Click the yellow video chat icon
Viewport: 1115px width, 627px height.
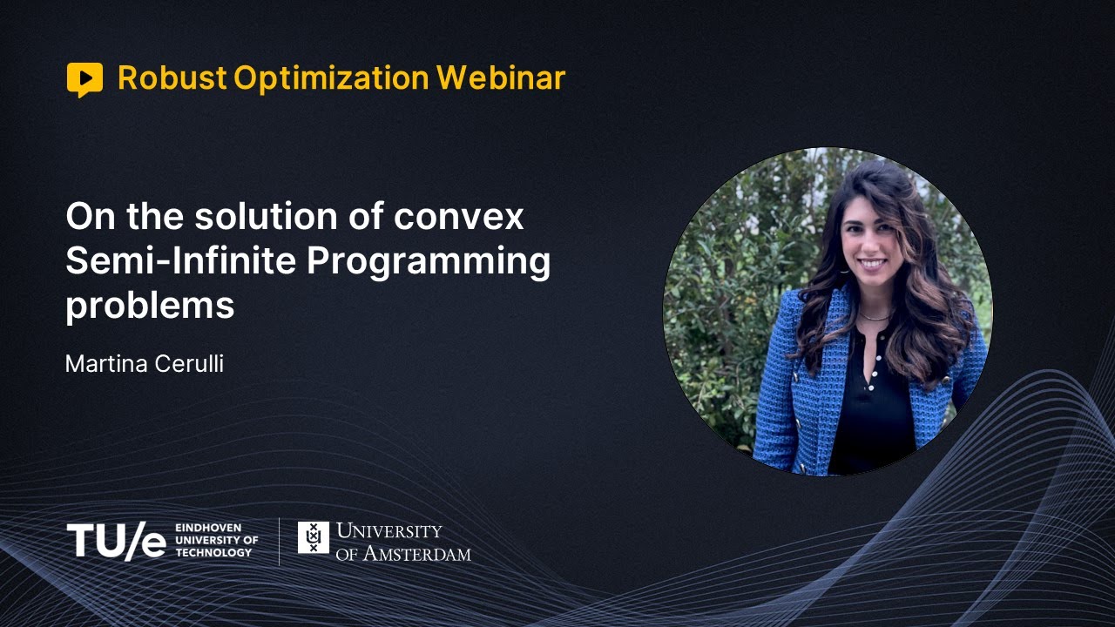tap(84, 79)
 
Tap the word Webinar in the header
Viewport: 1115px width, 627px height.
tap(501, 78)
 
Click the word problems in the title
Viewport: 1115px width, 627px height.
tap(150, 307)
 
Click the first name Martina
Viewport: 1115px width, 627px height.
tap(100, 364)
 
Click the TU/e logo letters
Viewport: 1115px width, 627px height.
tap(116, 541)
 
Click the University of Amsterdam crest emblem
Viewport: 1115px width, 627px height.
tap(314, 537)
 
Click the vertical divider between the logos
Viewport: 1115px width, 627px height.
tap(280, 541)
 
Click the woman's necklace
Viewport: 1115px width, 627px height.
tap(874, 316)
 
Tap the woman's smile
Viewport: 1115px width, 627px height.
tap(871, 262)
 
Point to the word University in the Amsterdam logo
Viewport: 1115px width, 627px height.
tap(389, 530)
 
